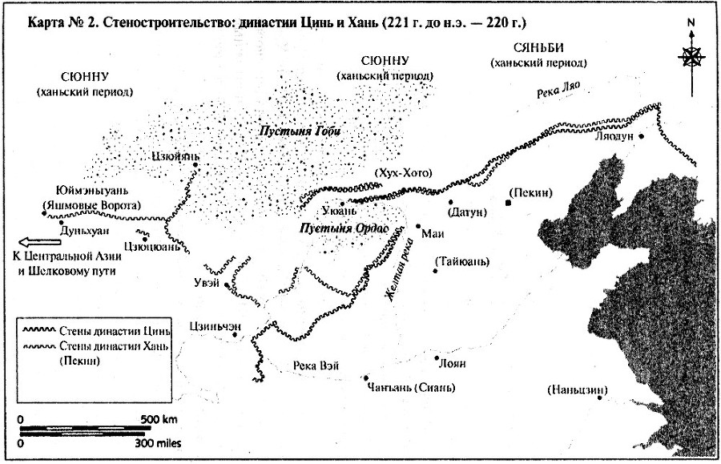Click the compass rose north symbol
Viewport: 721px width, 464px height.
tap(691, 56)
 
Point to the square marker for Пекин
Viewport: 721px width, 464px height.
tap(507, 204)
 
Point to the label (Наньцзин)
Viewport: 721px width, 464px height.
tap(577, 389)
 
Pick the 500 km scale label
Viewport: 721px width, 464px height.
tap(158, 419)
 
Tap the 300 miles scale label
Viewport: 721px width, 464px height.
tap(157, 442)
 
